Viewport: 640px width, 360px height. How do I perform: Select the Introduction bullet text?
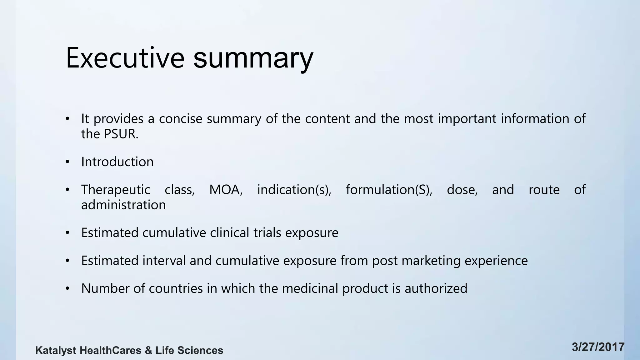click(x=117, y=162)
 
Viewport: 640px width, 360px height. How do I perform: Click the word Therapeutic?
click(x=116, y=190)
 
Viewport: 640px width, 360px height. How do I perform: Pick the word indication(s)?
click(x=294, y=190)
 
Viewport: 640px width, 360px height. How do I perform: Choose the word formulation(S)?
click(x=389, y=190)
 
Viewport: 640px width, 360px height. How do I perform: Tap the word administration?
click(x=123, y=205)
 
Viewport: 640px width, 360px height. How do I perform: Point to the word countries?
click(x=176, y=288)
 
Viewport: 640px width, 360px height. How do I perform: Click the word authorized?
click(x=436, y=288)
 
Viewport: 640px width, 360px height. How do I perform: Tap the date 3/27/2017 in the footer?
click(x=598, y=347)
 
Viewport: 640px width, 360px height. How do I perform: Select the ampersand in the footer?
click(x=148, y=351)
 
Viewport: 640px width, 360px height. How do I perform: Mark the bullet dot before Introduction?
click(x=67, y=162)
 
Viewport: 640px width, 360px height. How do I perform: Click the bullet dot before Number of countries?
click(x=67, y=289)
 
